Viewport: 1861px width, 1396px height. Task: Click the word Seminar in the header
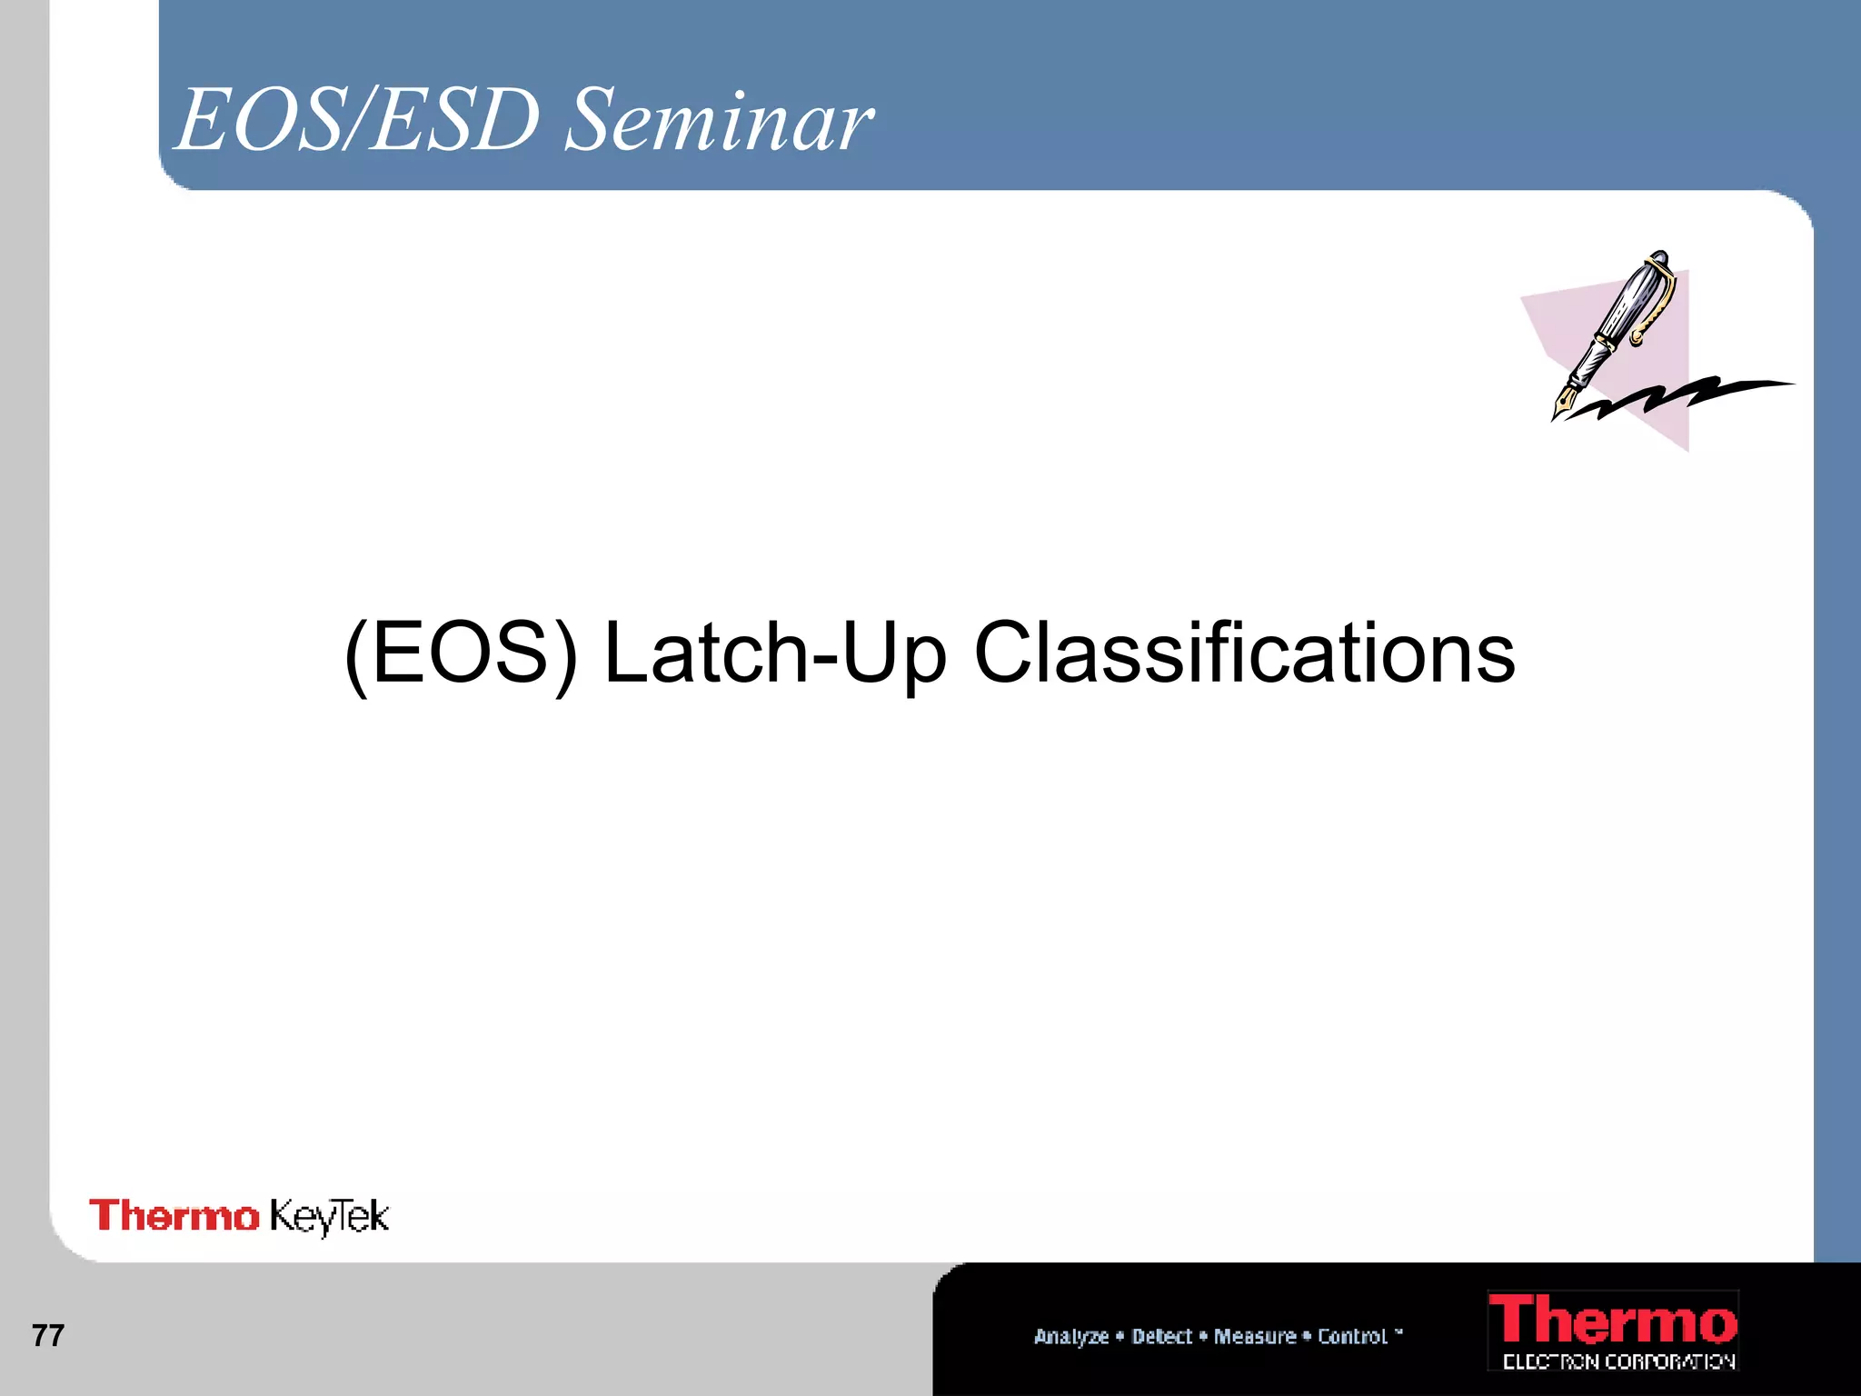point(718,122)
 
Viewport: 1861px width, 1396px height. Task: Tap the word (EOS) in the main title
point(461,653)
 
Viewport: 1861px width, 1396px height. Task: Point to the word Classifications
point(1244,653)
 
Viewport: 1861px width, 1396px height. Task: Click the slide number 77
point(47,1335)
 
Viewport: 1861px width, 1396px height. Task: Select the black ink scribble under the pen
point(1681,396)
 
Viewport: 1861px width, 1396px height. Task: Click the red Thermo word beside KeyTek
point(174,1216)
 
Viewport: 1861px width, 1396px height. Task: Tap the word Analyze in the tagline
point(1070,1336)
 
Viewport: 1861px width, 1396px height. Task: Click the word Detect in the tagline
point(1161,1336)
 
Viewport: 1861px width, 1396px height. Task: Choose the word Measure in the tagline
point(1255,1336)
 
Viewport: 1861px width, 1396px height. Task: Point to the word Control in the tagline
point(1352,1336)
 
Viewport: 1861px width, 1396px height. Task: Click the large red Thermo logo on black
point(1612,1321)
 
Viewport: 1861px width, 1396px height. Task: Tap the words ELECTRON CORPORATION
point(1618,1361)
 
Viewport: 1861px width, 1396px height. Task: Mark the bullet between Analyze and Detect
point(1120,1335)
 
